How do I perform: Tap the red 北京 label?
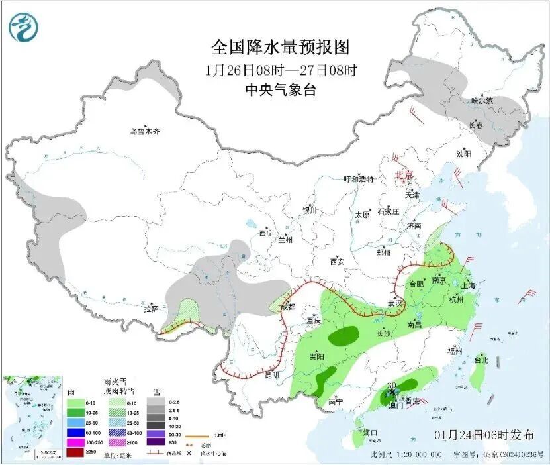(404, 175)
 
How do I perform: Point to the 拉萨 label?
(151, 308)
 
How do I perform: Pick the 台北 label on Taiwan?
(481, 360)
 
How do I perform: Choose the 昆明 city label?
(271, 374)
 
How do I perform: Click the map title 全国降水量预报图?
(280, 47)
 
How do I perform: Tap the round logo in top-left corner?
(24, 27)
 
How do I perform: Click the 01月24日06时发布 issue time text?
(484, 435)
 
